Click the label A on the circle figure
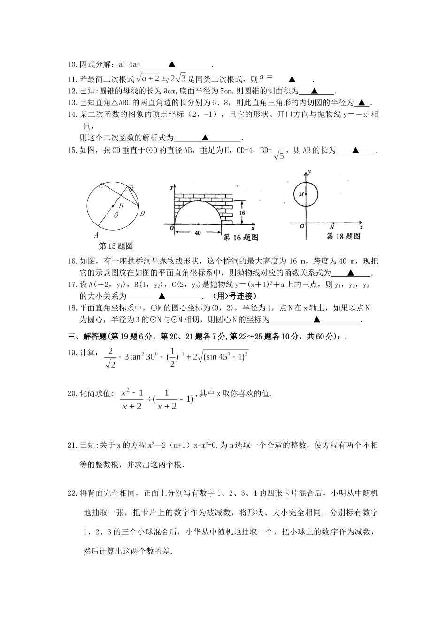[96, 235]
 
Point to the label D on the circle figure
[142, 214]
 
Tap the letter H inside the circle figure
[121, 206]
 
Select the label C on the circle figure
[100, 186]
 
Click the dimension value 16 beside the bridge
[241, 213]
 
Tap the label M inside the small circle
[300, 194]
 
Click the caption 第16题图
[240, 238]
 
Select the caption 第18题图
[343, 237]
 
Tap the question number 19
[72, 353]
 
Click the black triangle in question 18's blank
[316, 320]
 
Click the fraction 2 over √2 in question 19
[110, 358]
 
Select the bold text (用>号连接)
[234, 296]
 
